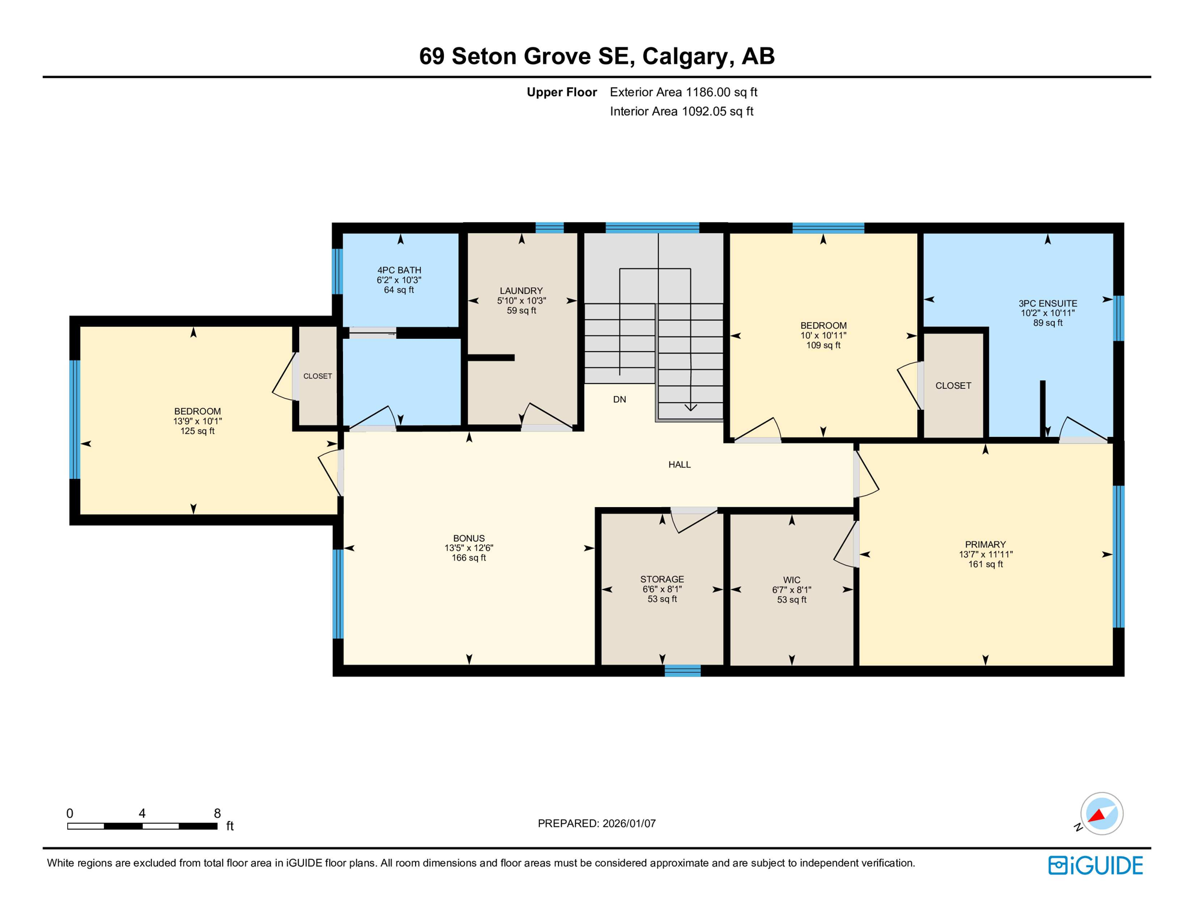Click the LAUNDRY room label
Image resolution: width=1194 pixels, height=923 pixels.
(x=521, y=291)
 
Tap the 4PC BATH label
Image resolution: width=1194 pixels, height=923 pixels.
(x=399, y=270)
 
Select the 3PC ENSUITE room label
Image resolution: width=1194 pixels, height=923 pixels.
(x=1047, y=303)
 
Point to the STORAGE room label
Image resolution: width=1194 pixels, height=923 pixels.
(x=662, y=579)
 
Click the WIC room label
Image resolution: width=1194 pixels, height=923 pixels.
(x=792, y=580)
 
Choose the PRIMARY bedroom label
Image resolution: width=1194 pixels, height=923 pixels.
(x=985, y=544)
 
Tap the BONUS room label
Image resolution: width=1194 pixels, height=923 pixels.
(x=468, y=538)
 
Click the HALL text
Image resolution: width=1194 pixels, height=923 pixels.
(x=679, y=465)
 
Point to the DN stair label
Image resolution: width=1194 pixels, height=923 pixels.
(x=619, y=399)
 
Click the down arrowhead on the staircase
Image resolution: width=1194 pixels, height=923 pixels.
(x=691, y=408)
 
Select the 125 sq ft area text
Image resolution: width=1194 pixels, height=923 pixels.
(x=197, y=431)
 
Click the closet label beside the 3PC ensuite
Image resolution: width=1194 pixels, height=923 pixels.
(x=953, y=386)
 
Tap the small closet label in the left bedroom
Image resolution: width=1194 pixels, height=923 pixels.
(x=318, y=376)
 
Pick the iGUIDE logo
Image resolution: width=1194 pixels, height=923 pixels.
(x=1096, y=865)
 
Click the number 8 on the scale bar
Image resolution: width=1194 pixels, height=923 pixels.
(x=217, y=813)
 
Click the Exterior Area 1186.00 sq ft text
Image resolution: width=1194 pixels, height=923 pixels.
(x=683, y=92)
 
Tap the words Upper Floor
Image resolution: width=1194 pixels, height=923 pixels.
(x=562, y=92)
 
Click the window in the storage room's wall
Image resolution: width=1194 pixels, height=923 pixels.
(x=682, y=671)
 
